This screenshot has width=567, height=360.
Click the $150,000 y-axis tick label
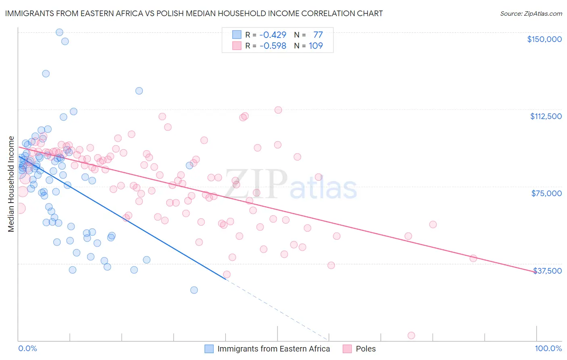[544, 39]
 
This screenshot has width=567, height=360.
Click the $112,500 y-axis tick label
[546, 116]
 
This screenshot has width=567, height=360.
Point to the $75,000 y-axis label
[546, 193]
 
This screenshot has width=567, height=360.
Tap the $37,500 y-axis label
[547, 271]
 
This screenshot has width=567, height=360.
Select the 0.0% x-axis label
[27, 349]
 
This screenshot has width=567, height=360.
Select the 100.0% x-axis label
[548, 349]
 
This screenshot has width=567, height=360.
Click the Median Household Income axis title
[11, 184]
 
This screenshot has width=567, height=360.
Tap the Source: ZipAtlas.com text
[531, 13]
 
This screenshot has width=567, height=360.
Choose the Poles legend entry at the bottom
[365, 349]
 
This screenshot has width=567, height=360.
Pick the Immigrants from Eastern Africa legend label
[273, 349]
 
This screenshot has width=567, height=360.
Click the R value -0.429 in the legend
[273, 35]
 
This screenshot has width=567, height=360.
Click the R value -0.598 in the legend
[273, 46]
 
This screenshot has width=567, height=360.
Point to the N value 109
[316, 46]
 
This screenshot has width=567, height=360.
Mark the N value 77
[318, 35]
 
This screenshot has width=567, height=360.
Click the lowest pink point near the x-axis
[411, 335]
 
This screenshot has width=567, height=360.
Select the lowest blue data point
[194, 290]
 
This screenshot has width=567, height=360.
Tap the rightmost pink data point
[473, 258]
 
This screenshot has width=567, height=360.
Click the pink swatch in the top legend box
[237, 46]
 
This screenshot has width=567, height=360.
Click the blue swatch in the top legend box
[237, 35]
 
